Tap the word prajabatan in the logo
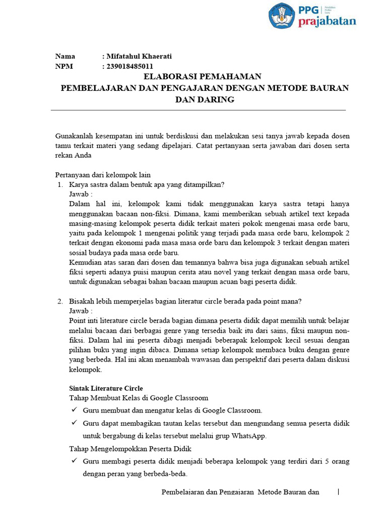click(327, 21)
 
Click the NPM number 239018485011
click(130, 66)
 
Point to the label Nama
click(65, 57)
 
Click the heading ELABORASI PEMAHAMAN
click(203, 77)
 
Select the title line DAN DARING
click(205, 99)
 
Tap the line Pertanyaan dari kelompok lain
click(103, 175)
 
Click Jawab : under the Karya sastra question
click(81, 194)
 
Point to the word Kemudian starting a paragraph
click(84, 263)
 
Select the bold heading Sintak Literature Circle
click(106, 388)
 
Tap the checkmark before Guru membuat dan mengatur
click(74, 410)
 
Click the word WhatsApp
click(249, 436)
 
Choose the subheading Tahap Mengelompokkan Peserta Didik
click(130, 448)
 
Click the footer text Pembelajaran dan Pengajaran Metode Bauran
click(240, 492)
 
